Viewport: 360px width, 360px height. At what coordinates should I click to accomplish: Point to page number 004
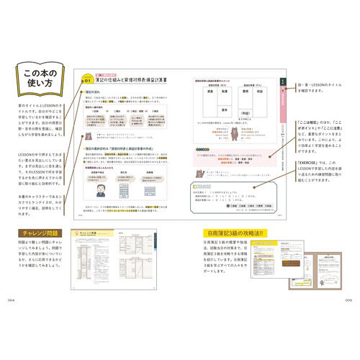coord(11,300)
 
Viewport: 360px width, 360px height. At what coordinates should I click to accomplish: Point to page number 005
coord(348,300)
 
